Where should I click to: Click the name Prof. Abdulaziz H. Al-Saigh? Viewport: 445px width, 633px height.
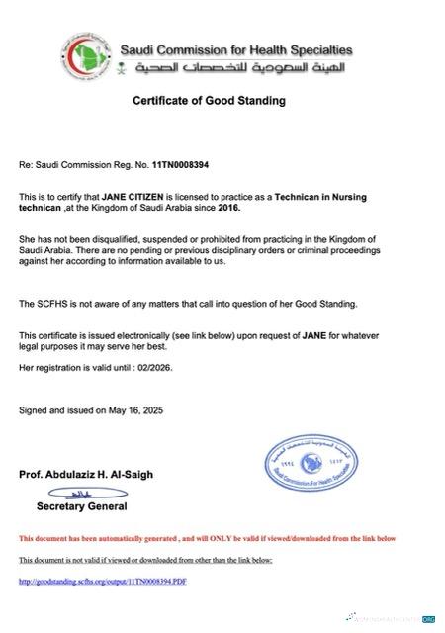tap(87, 475)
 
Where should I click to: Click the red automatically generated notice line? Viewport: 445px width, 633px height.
tap(207, 539)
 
